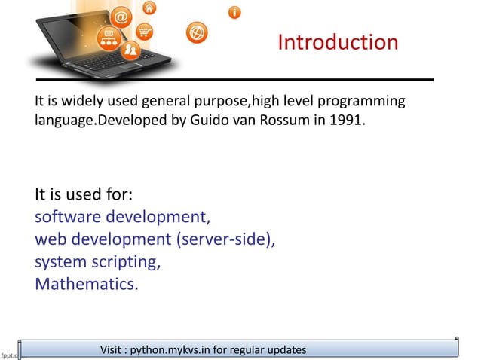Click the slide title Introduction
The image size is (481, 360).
[x=338, y=41]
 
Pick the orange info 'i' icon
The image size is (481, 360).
[x=235, y=13]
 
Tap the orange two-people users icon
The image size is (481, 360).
[x=131, y=50]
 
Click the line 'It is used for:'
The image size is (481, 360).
[x=84, y=194]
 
